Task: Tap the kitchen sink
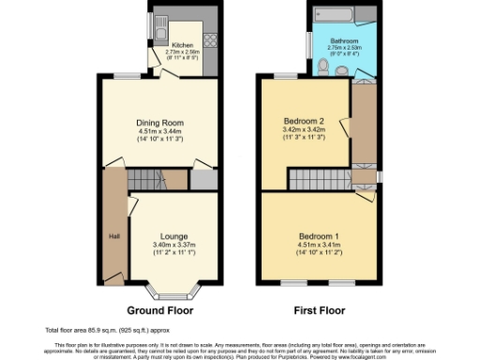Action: tap(161, 22)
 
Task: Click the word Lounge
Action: tap(174, 235)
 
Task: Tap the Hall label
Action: tap(114, 234)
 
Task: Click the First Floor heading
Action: tap(319, 309)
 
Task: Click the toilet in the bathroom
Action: tap(322, 65)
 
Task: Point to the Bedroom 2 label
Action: tap(303, 123)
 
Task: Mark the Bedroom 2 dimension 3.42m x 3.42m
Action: tap(303, 131)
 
